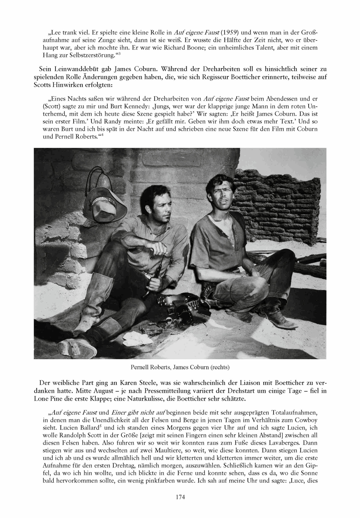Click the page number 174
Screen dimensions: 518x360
click(x=180, y=497)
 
